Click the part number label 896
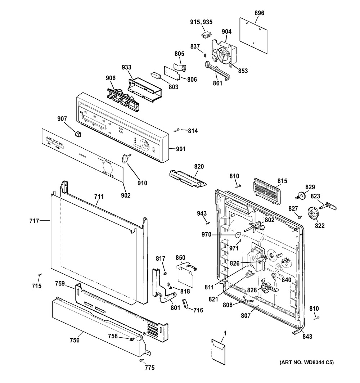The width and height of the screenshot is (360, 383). [x=259, y=13]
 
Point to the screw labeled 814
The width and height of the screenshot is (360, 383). [x=177, y=130]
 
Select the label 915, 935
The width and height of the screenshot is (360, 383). [x=201, y=22]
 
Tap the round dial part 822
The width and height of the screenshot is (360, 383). [x=312, y=213]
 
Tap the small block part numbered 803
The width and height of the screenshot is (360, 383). [x=156, y=76]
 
